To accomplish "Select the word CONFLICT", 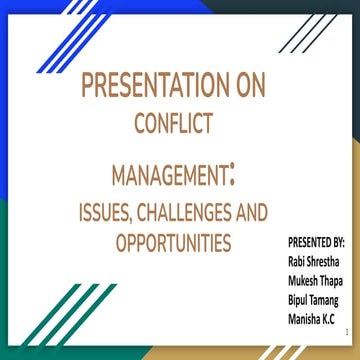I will [175, 124].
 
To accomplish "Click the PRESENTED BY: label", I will [315, 243].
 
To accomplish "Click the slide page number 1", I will [343, 329].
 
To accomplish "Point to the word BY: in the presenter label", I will [336, 243].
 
